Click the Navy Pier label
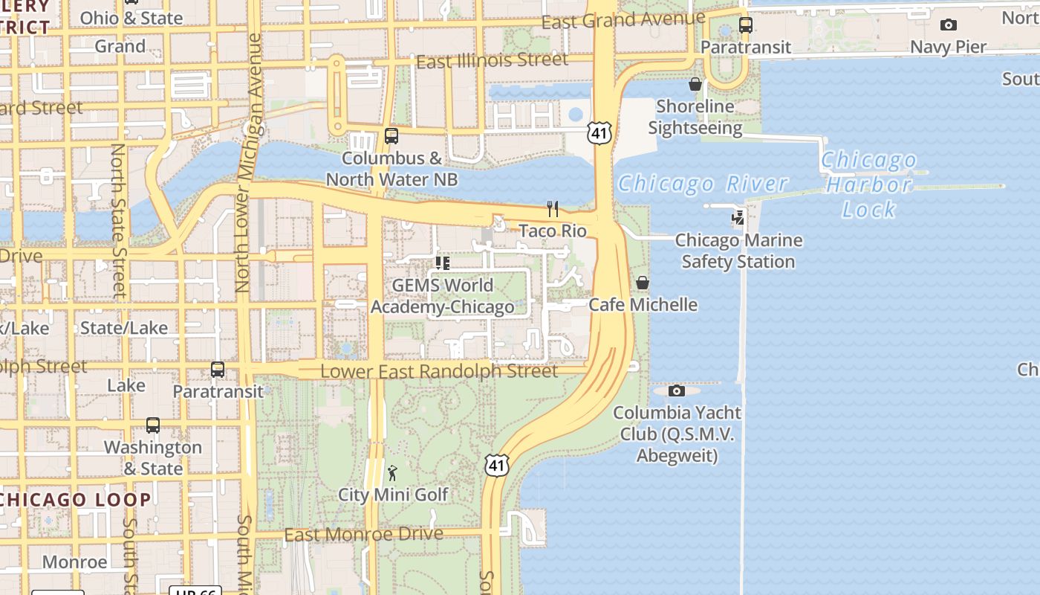[948, 47]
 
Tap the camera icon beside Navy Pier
[949, 25]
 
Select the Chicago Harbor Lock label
[868, 184]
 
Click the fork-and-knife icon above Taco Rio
[552, 209]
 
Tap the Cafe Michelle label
[643, 304]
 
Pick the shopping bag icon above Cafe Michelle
[643, 283]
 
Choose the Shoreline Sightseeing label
[695, 117]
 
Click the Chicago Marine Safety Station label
[738, 251]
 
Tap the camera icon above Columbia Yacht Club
[676, 391]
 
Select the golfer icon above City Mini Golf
[393, 473]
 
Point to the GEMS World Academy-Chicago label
[442, 296]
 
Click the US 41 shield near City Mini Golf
[497, 465]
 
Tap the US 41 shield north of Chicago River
[599, 133]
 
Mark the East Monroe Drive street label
[363, 534]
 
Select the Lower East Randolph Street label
[438, 370]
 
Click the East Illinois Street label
[492, 61]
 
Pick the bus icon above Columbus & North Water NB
[391, 136]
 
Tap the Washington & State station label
[153, 457]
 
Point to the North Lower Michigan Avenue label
[249, 162]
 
